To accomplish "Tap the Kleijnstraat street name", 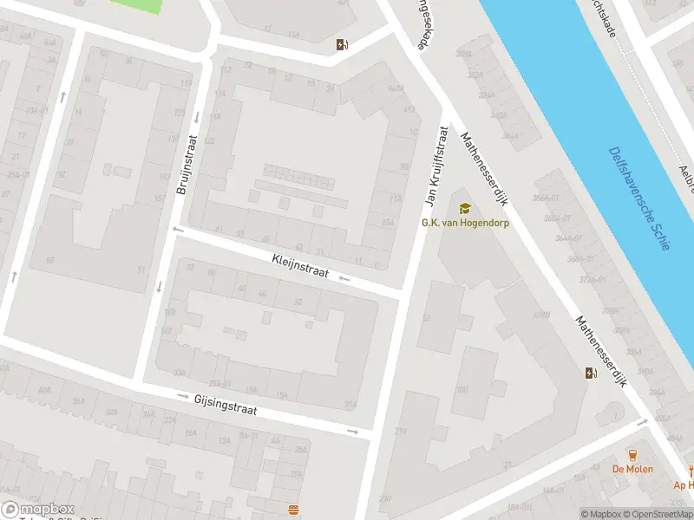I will (x=300, y=265).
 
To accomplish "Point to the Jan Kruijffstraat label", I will (x=435, y=167).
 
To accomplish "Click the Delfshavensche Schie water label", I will (x=638, y=198).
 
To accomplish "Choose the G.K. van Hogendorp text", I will (x=465, y=223).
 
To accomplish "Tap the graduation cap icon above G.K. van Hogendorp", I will (x=465, y=208).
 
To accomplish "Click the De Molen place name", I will (x=632, y=469).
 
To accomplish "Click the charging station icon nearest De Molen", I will (x=591, y=374).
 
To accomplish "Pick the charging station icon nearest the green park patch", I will (x=343, y=45).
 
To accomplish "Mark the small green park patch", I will (x=136, y=5).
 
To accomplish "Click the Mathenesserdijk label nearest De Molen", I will (x=600, y=351).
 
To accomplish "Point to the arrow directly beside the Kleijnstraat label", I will (x=344, y=278).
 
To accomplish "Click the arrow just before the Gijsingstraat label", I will (x=183, y=396).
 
